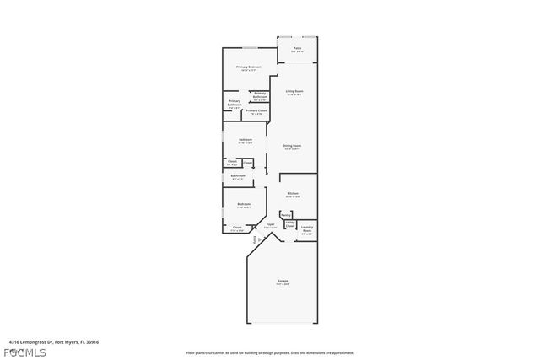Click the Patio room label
click(297, 49)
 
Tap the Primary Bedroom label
click(248, 67)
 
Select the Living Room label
click(294, 91)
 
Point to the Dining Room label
click(292, 146)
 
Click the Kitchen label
click(293, 193)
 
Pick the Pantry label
click(285, 215)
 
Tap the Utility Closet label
click(289, 225)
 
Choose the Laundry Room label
click(307, 228)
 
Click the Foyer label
click(270, 224)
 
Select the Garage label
click(283, 281)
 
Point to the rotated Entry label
click(255, 240)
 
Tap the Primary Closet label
click(256, 110)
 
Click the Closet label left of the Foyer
click(237, 227)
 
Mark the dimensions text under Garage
click(283, 285)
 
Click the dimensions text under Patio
click(297, 53)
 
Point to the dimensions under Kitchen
click(293, 197)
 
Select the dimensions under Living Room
click(294, 95)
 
